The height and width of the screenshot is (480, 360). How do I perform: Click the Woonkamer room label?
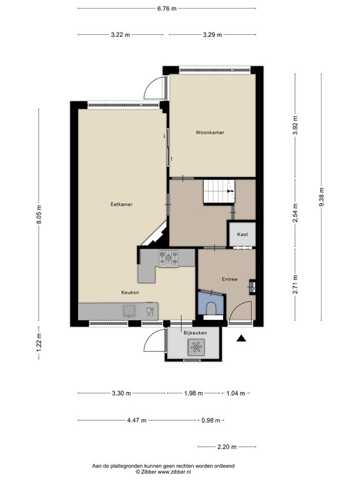coord(210,132)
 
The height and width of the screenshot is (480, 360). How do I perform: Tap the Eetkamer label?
coord(121,204)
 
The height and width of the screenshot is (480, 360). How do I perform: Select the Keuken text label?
coord(130,292)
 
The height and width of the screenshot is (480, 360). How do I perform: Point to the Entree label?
coord(229,279)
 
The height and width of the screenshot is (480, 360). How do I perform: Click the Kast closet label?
coord(242,234)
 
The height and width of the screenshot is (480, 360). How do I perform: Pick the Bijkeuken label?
coord(195,332)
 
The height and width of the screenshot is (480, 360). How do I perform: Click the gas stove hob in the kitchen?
coord(168,258)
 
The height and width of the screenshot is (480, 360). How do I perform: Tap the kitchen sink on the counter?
coord(129,311)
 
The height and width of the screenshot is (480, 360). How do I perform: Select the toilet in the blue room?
coord(211,309)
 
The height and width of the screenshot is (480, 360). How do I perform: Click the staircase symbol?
coord(219,191)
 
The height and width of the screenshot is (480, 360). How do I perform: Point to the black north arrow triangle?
coord(241,338)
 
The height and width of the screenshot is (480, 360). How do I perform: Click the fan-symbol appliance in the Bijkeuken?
coord(195,347)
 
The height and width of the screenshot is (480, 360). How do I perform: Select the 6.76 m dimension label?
coord(167,9)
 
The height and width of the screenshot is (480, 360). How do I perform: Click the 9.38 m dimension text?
coord(321,197)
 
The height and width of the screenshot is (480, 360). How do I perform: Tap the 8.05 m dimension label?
coord(39,214)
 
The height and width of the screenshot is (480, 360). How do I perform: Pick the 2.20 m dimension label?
coord(227,447)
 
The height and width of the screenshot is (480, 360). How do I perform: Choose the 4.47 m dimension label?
coord(137,420)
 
